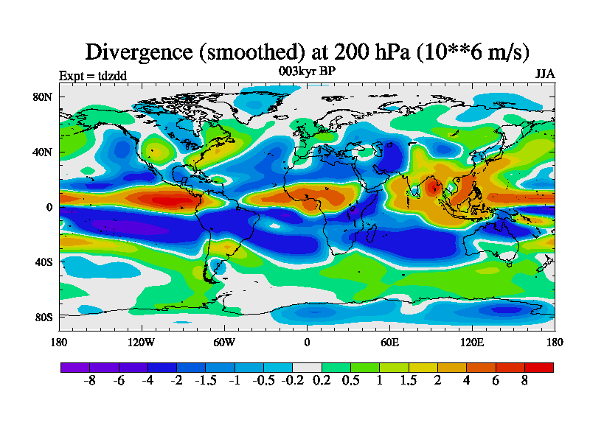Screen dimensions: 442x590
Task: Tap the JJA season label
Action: pos(544,74)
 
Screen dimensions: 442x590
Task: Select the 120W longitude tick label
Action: pos(141,342)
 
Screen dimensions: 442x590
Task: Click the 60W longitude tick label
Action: pos(224,342)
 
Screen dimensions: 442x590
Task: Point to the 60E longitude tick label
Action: pos(389,342)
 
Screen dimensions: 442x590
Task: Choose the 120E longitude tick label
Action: pos(472,342)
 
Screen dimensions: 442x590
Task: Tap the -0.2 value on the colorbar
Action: pos(292,382)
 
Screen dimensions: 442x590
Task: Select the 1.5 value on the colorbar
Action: pos(408,382)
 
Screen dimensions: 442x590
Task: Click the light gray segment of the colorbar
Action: pos(307,367)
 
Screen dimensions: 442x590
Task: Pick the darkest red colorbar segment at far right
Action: pos(538,367)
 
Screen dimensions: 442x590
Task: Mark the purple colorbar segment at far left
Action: pos(74,367)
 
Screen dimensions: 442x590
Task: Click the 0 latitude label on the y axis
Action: pos(49,208)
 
